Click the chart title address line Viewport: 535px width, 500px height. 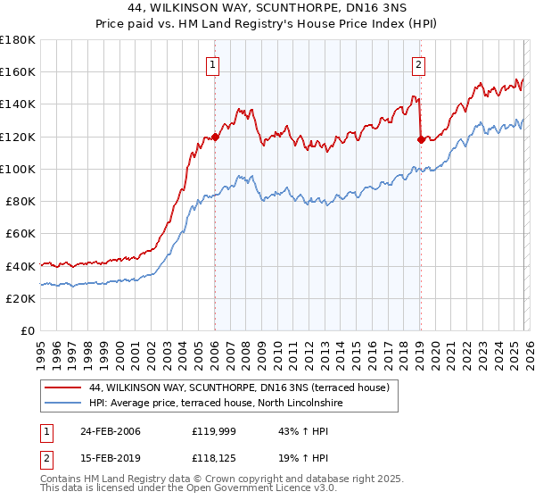pyautogui.click(x=267, y=8)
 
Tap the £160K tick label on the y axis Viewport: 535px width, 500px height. pyautogui.click(x=18, y=72)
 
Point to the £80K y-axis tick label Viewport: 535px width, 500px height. pyautogui.click(x=21, y=202)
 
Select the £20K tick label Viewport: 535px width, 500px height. pyautogui.click(x=21, y=298)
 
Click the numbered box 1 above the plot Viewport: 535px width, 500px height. pyautogui.click(x=214, y=63)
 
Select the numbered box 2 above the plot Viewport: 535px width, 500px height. pyautogui.click(x=418, y=63)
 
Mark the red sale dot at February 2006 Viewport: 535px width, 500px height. pyautogui.click(x=215, y=137)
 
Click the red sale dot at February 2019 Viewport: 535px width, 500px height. pyautogui.click(x=420, y=139)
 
